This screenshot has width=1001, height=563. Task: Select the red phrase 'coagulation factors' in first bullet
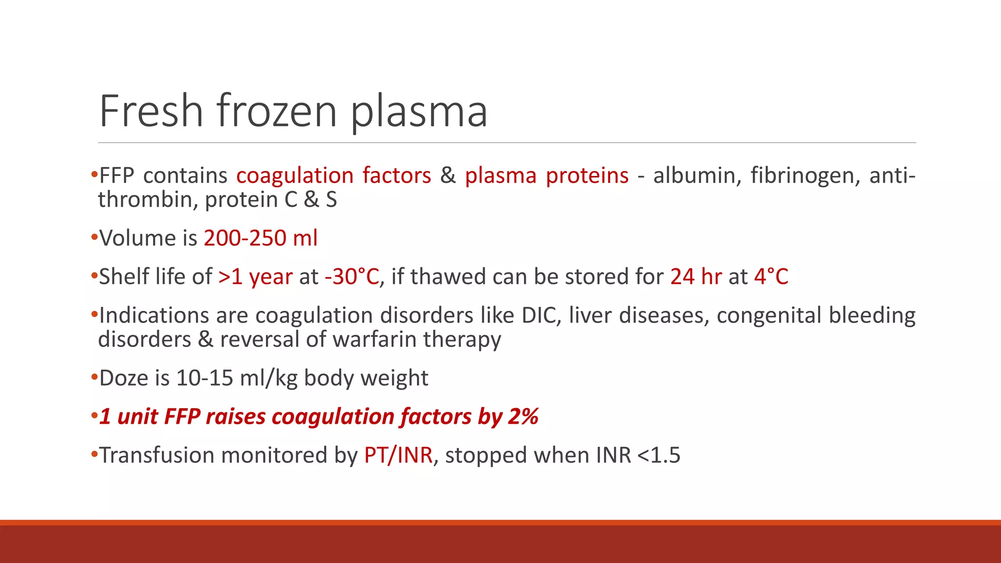333,175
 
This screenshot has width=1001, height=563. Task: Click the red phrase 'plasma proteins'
546,175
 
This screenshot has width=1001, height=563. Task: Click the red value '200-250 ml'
261,238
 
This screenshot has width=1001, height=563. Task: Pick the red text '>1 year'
255,277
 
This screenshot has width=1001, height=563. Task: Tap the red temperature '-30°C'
351,277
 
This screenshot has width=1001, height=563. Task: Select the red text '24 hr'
696,277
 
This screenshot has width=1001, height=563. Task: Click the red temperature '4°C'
771,277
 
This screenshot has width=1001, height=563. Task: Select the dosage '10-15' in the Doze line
204,378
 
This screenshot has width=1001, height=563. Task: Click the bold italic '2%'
523,416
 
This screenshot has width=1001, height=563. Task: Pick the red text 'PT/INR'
398,455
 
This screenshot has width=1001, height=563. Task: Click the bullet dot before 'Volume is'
94,238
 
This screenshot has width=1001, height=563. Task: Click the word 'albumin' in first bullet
695,175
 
